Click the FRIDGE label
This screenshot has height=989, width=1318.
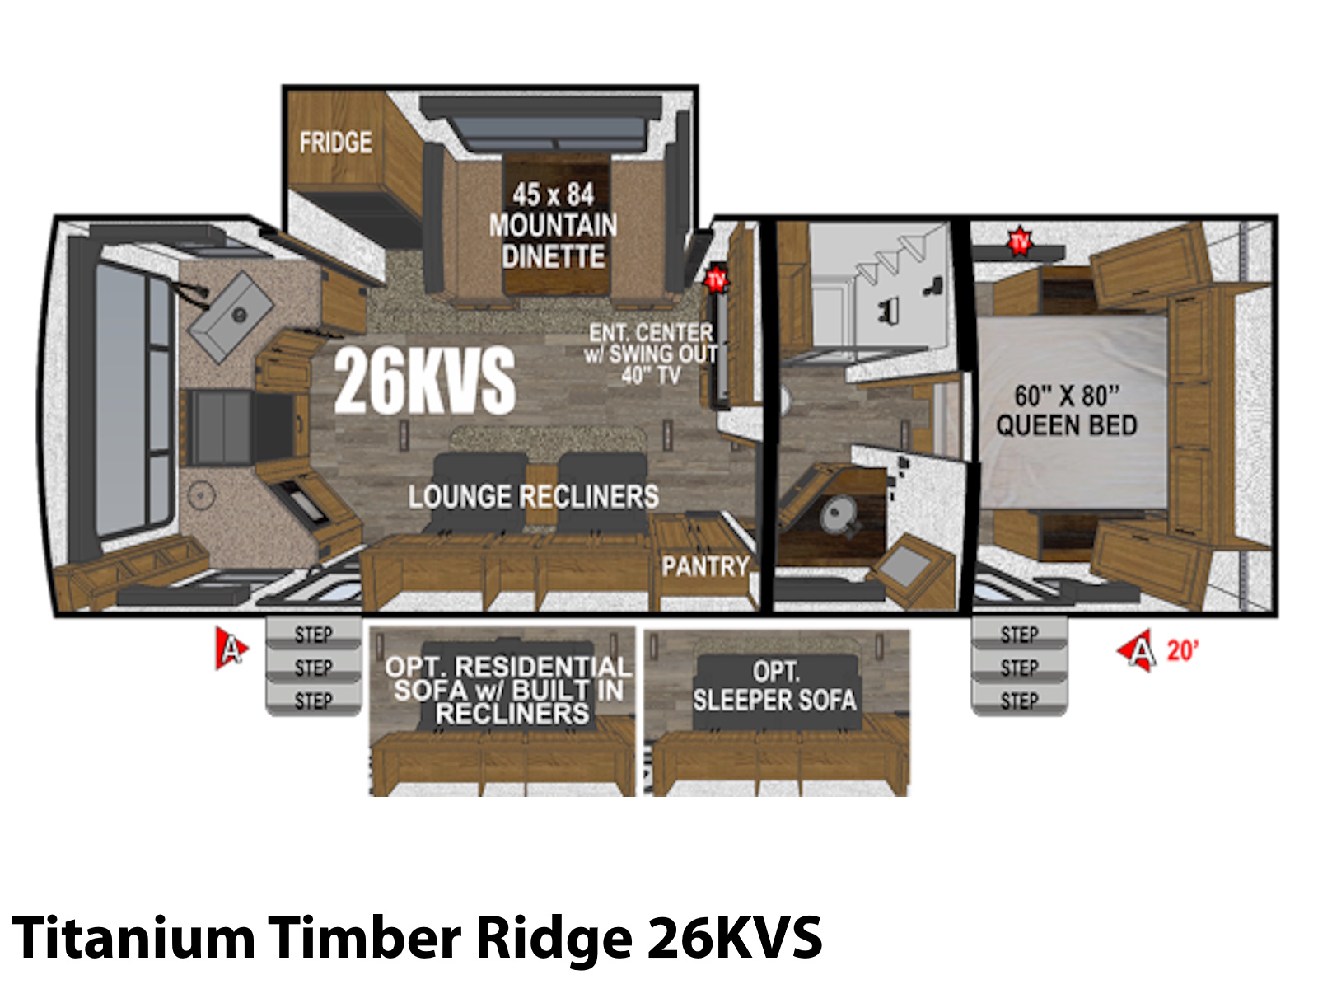[335, 143]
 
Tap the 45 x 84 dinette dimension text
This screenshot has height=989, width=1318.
[553, 195]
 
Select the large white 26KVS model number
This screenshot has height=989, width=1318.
[424, 381]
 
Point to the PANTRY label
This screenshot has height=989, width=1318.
[705, 566]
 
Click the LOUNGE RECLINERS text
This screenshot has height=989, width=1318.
[533, 497]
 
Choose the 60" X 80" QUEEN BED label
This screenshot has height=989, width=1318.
[1067, 410]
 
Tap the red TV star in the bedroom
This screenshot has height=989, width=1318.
[1020, 242]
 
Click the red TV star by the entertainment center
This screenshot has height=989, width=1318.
[716, 279]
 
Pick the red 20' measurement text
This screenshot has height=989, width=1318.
[1182, 650]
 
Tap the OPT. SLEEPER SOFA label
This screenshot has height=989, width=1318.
[774, 687]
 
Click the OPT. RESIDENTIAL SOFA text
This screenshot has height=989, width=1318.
[508, 678]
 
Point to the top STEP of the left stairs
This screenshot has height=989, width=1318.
[314, 635]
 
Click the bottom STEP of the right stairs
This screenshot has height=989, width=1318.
[1019, 701]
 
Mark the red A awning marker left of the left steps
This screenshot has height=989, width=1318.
[231, 649]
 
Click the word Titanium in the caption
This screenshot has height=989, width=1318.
[134, 937]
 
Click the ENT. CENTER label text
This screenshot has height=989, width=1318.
[650, 333]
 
